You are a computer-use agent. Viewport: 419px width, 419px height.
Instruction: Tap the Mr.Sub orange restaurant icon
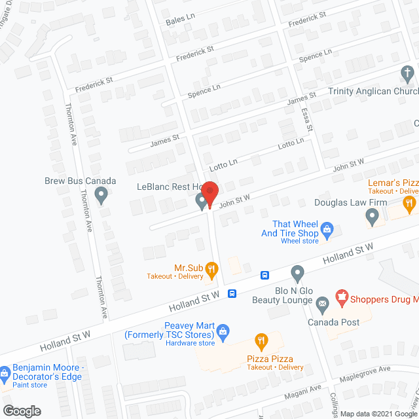click(x=211, y=268)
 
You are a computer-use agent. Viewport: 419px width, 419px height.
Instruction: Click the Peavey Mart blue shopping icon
click(x=223, y=330)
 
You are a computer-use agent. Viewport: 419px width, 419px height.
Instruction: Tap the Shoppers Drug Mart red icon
click(x=341, y=297)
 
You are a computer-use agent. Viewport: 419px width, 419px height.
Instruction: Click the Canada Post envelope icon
click(x=322, y=304)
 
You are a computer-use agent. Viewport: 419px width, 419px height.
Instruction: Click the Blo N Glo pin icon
click(x=298, y=272)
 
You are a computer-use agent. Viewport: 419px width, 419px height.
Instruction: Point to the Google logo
click(x=22, y=410)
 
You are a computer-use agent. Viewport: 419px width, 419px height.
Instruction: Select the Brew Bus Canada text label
click(x=80, y=181)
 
